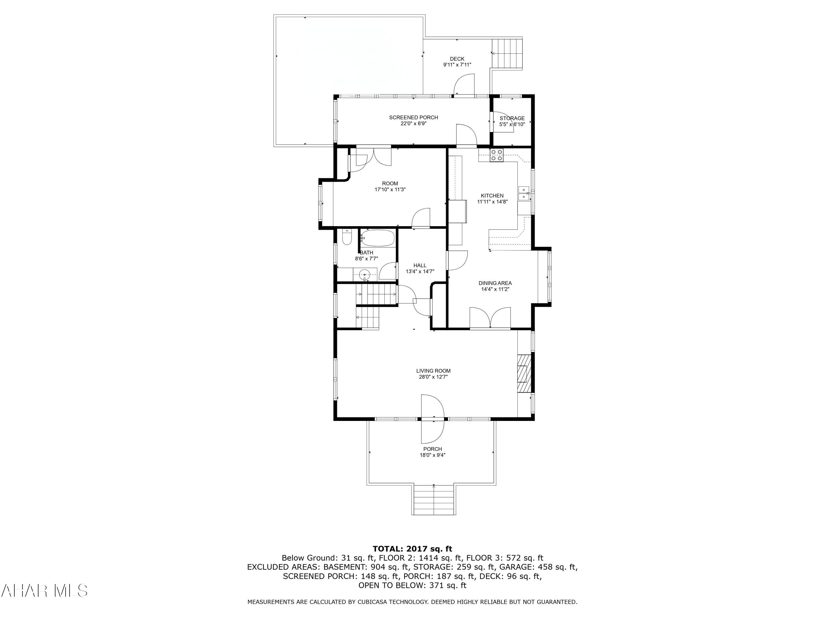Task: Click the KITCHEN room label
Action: pyautogui.click(x=492, y=196)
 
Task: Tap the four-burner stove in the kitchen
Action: pyautogui.click(x=496, y=155)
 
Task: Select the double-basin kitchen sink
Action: pyautogui.click(x=524, y=193)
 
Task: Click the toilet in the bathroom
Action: pyautogui.click(x=347, y=237)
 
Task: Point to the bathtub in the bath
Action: pyautogui.click(x=378, y=238)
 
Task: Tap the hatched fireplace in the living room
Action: pyautogui.click(x=524, y=374)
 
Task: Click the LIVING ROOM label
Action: pyautogui.click(x=433, y=371)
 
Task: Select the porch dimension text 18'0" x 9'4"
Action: pyautogui.click(x=432, y=455)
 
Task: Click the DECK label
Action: pyautogui.click(x=457, y=59)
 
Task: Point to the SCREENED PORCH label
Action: pyautogui.click(x=413, y=117)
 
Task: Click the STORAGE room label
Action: pyautogui.click(x=512, y=118)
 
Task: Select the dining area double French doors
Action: pyautogui.click(x=490, y=318)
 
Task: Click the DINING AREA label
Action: pyautogui.click(x=495, y=283)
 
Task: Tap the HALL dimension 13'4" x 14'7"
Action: pyautogui.click(x=420, y=272)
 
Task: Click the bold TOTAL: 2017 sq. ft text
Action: pyautogui.click(x=412, y=549)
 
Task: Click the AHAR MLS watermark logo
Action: pyautogui.click(x=44, y=591)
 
